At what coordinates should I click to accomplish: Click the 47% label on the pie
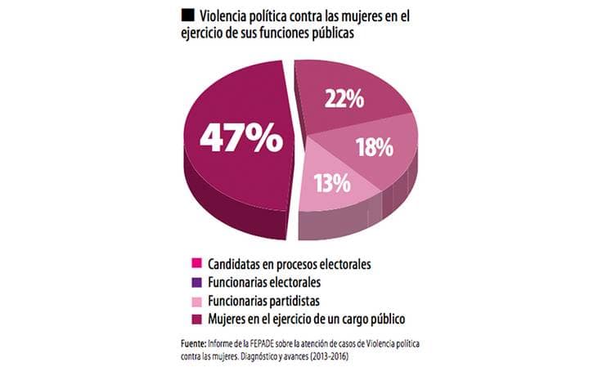pos(242,137)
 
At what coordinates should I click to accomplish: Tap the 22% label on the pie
pos(344,99)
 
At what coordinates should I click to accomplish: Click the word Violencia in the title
pos(231,15)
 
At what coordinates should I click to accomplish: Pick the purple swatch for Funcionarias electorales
pos(196,281)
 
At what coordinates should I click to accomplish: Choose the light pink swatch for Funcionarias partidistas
pos(196,300)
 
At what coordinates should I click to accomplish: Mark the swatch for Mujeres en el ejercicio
pos(196,318)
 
